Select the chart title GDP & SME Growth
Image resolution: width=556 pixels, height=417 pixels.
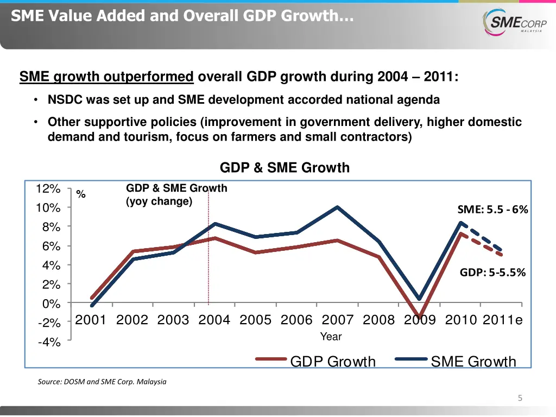click(285, 168)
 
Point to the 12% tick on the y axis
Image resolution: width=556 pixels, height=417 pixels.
click(48, 189)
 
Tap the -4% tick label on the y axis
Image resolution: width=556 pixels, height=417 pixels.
click(49, 342)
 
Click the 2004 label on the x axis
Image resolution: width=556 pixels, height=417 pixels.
click(214, 320)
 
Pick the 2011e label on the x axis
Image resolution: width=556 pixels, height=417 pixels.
click(502, 320)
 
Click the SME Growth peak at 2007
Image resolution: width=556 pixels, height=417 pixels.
click(337, 207)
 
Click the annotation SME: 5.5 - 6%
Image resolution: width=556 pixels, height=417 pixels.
click(492, 210)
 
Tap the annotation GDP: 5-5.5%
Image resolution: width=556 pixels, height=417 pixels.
click(492, 273)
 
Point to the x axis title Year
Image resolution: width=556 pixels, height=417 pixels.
click(331, 337)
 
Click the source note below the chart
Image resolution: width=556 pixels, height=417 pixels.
click(102, 382)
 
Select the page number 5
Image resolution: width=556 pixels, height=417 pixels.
click(520, 399)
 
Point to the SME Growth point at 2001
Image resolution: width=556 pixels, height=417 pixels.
click(92, 306)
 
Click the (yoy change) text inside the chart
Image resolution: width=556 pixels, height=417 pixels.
click(159, 201)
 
